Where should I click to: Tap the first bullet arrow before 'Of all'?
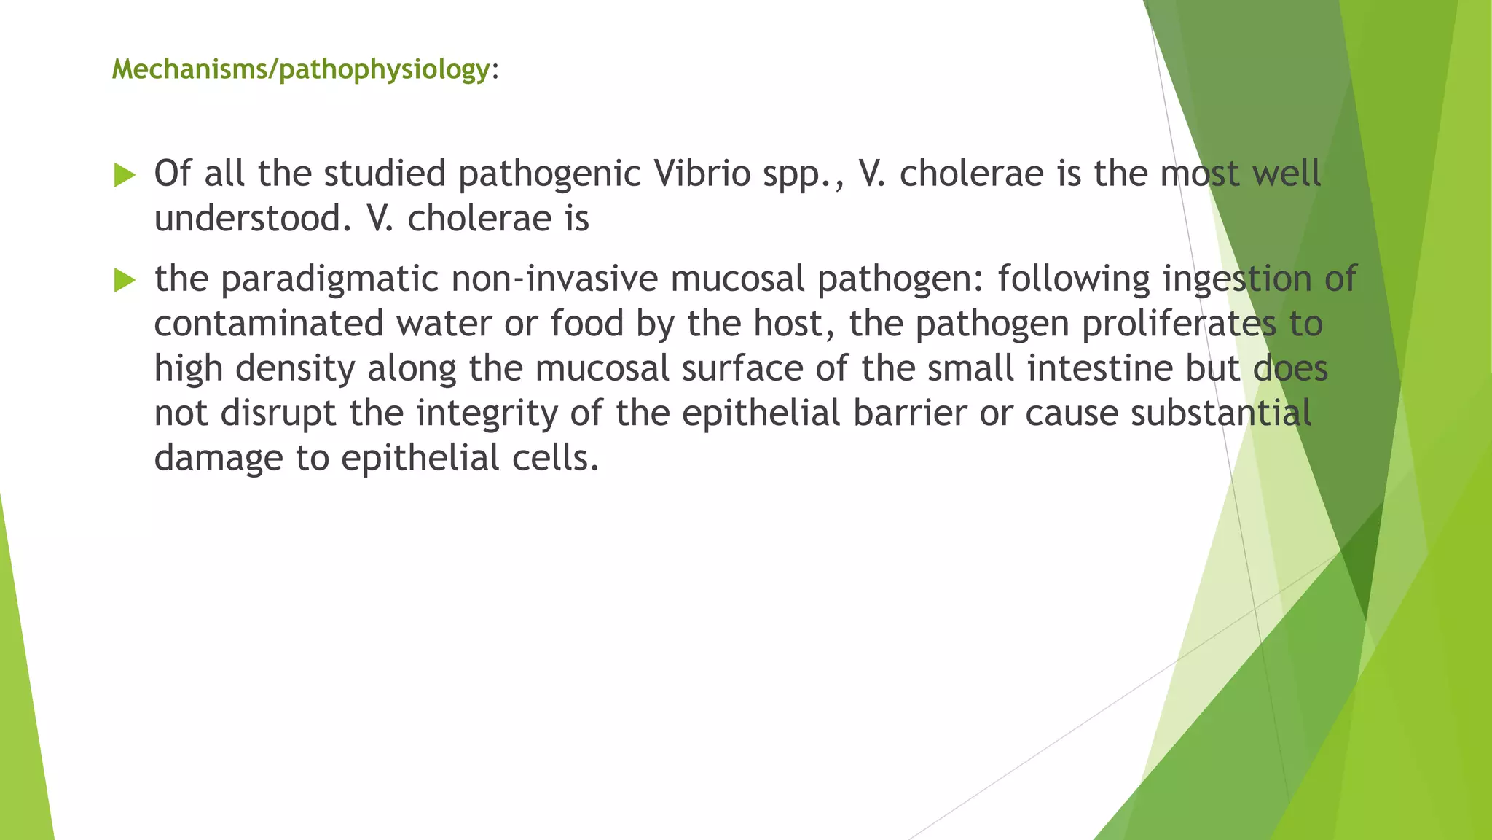[x=125, y=175]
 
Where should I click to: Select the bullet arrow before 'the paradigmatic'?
[x=125, y=280]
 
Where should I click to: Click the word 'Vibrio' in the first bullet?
[x=702, y=174]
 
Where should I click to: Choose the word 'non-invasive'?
[x=554, y=279]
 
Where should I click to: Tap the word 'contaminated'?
[x=268, y=323]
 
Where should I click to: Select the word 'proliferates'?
[x=1179, y=323]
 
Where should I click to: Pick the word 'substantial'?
[x=1221, y=413]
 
